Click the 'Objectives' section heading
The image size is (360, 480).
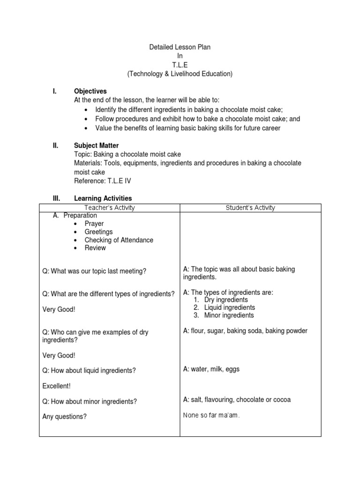(90, 91)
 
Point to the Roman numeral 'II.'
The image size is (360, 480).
(56, 146)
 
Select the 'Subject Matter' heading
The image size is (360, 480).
(97, 146)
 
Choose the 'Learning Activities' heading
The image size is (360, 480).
(103, 199)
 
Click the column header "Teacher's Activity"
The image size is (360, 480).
(109, 208)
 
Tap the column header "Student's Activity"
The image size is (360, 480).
(250, 208)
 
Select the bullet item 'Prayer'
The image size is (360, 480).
(94, 224)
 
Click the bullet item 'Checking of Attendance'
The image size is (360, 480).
(119, 240)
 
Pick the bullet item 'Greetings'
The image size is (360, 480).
(98, 232)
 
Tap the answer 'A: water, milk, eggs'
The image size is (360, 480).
(211, 369)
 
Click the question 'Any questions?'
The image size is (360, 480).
(65, 416)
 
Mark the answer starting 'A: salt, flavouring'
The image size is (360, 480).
(237, 400)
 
